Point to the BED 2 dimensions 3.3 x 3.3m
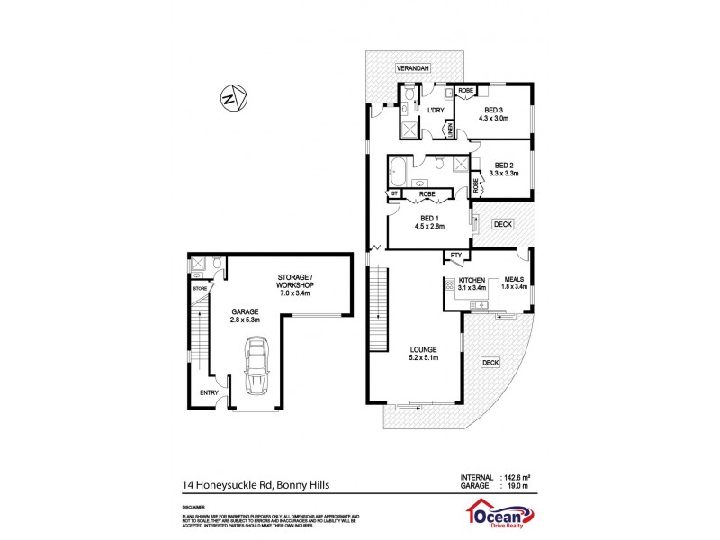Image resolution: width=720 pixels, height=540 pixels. tap(505, 174)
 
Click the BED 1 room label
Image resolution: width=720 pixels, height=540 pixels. tap(428, 218)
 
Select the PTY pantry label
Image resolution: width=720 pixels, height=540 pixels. tap(456, 256)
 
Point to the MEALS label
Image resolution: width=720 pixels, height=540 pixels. tap(514, 280)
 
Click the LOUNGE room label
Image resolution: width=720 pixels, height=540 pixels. tap(422, 349)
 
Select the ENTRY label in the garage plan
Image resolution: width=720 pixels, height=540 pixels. tap(209, 392)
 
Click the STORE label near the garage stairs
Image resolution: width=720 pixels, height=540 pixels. tap(199, 288)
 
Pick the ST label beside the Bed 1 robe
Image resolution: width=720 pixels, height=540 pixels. tap(394, 193)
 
